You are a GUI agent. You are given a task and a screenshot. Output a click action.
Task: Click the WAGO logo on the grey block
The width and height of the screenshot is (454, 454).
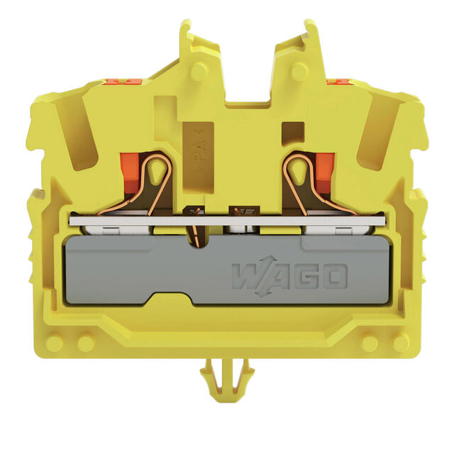(289, 276)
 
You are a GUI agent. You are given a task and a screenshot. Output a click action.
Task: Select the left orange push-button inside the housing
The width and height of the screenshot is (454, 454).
(130, 173)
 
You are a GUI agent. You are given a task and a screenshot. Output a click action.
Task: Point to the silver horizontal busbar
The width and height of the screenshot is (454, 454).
(228, 221)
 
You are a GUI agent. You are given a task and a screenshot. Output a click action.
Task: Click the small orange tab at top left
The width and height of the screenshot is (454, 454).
(123, 82)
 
